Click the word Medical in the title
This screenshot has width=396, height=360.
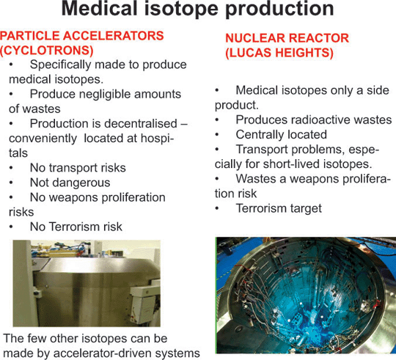tap(99, 9)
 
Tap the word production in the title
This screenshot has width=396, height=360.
tap(279, 10)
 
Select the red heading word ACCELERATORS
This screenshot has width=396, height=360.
tap(114, 36)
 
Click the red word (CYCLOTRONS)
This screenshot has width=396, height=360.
tap(47, 51)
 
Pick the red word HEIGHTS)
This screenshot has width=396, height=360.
tap(304, 53)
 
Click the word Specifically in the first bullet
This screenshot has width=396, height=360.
tap(60, 65)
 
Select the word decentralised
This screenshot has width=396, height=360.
tap(141, 124)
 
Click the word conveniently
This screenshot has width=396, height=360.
tap(43, 139)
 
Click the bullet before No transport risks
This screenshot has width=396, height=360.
tap(11, 168)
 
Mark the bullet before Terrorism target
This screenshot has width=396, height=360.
tap(217, 208)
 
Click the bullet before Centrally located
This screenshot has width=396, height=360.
tap(217, 135)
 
